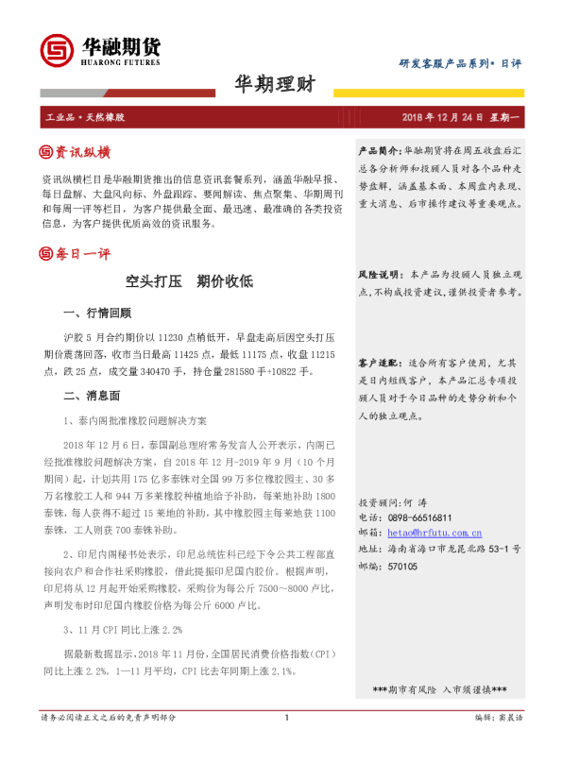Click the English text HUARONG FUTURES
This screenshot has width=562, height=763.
click(117, 63)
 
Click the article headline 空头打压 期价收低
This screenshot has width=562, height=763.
click(189, 281)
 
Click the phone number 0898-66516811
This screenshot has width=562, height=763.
click(418, 517)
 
